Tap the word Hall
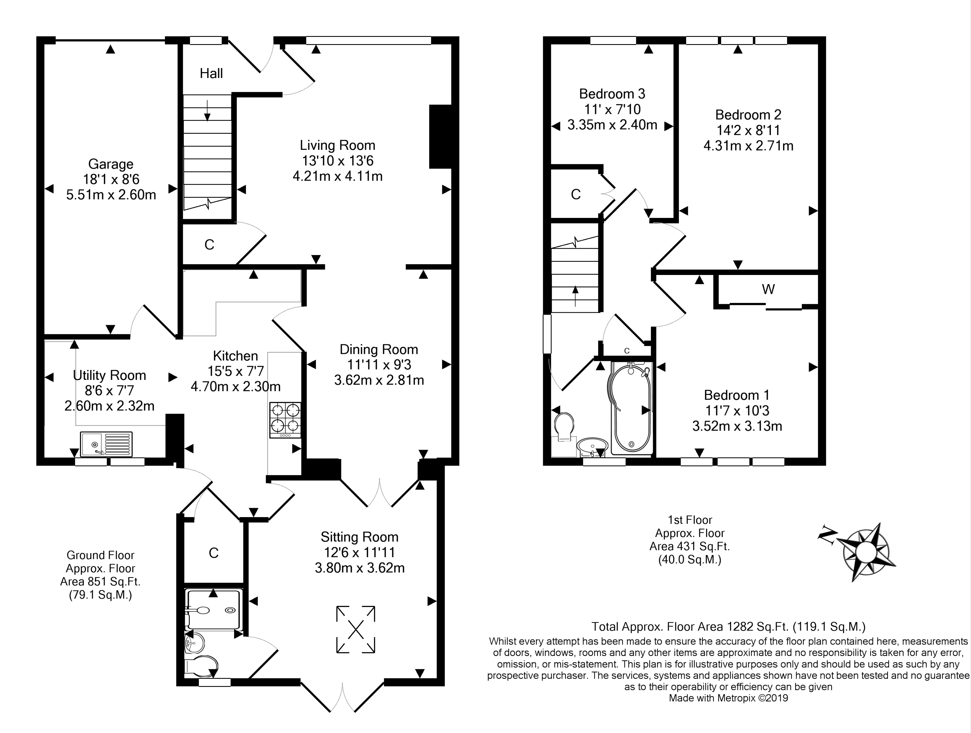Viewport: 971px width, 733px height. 211,73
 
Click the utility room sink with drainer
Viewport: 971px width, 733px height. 106,444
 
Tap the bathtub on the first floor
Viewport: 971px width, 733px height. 631,408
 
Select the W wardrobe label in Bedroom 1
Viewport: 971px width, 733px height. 768,289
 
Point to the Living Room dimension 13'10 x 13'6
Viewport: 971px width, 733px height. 337,161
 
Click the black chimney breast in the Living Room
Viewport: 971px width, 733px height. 440,137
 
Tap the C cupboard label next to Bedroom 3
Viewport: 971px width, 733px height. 575,194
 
